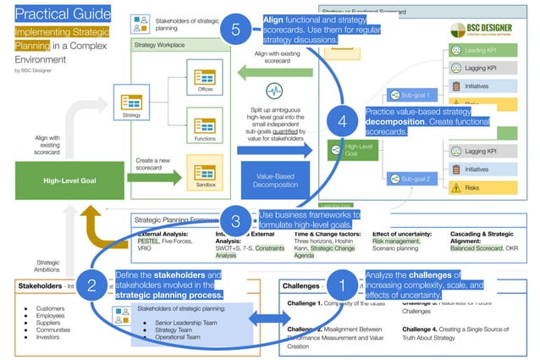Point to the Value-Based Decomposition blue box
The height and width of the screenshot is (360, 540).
[273, 178]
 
